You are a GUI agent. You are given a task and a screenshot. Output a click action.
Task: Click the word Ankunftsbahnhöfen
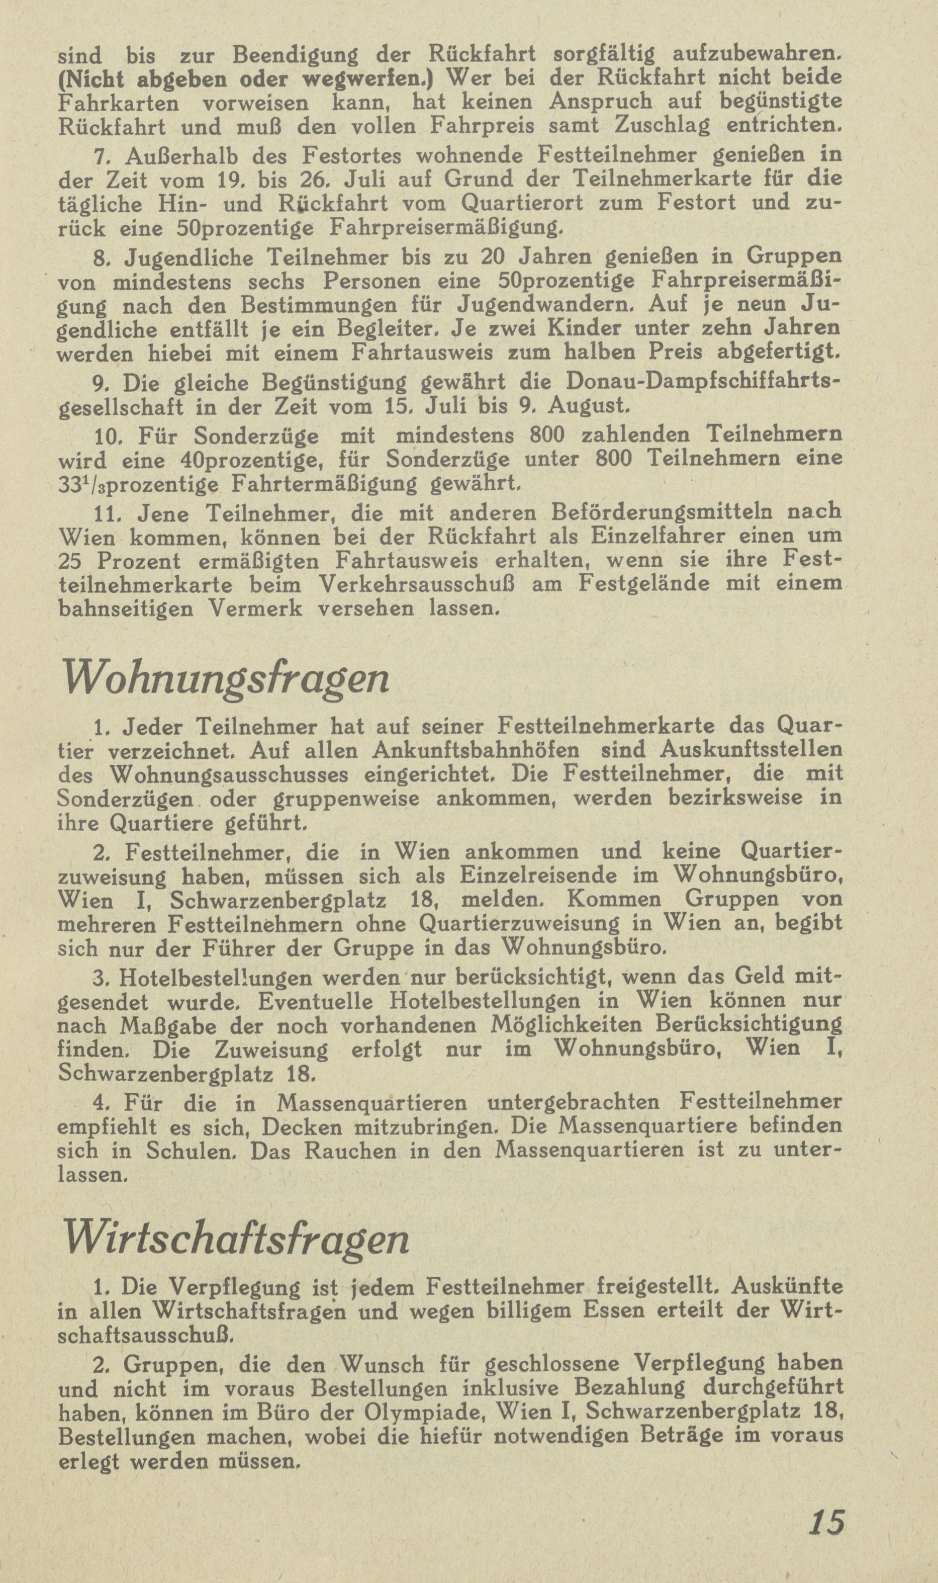476,751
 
